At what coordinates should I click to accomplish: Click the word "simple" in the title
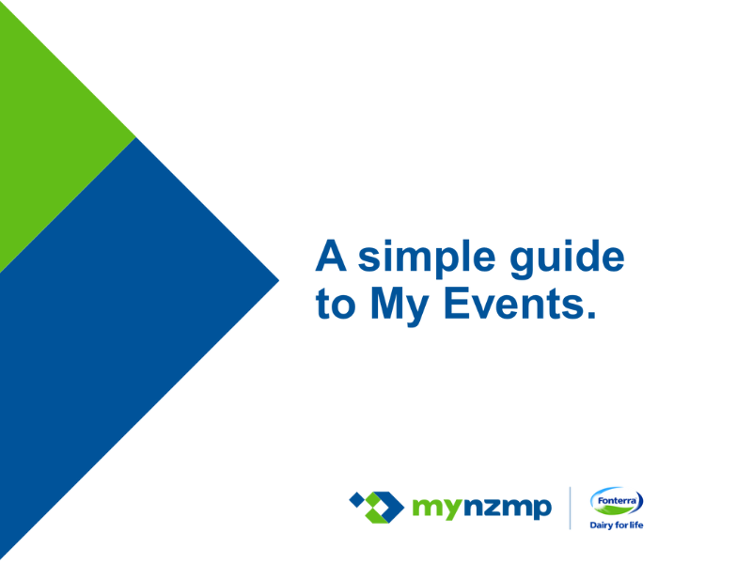427,259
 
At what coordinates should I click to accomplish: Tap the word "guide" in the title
567,259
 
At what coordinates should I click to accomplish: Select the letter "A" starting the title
331,256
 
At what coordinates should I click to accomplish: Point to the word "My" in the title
399,307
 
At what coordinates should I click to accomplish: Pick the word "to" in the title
336,305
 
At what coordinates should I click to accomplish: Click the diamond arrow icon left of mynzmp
377,508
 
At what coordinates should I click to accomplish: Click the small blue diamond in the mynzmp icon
357,500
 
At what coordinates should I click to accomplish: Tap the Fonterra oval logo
617,502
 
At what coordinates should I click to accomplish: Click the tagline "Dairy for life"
617,525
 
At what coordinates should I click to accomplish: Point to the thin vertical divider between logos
571,508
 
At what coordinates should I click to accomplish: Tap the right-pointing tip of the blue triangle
278,280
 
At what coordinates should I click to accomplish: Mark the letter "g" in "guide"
522,263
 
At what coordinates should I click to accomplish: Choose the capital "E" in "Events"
456,303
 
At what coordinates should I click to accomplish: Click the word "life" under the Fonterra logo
636,525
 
